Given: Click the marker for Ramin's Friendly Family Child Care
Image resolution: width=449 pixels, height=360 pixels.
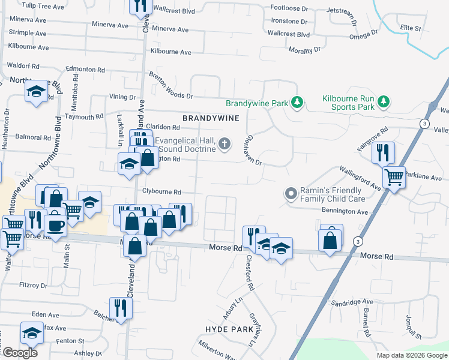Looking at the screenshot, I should [x=291, y=193].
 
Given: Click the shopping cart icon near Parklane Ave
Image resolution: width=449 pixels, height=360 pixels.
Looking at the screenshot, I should [x=394, y=177].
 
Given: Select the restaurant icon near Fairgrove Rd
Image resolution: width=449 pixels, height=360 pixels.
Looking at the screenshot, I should [x=382, y=152].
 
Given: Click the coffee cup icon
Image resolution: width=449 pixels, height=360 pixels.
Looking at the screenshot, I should [x=56, y=226].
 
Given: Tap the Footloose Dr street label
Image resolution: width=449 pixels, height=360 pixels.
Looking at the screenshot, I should [x=289, y=8].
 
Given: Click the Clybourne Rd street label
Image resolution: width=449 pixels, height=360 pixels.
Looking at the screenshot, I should [x=161, y=192].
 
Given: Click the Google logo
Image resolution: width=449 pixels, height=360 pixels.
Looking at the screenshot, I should [x=19, y=353].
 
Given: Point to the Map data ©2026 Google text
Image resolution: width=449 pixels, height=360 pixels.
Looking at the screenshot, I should [x=412, y=355].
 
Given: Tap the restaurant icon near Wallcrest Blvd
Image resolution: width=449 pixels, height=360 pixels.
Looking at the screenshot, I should [x=138, y=5].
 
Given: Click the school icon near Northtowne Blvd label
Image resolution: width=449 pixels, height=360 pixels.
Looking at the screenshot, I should [x=36, y=91].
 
